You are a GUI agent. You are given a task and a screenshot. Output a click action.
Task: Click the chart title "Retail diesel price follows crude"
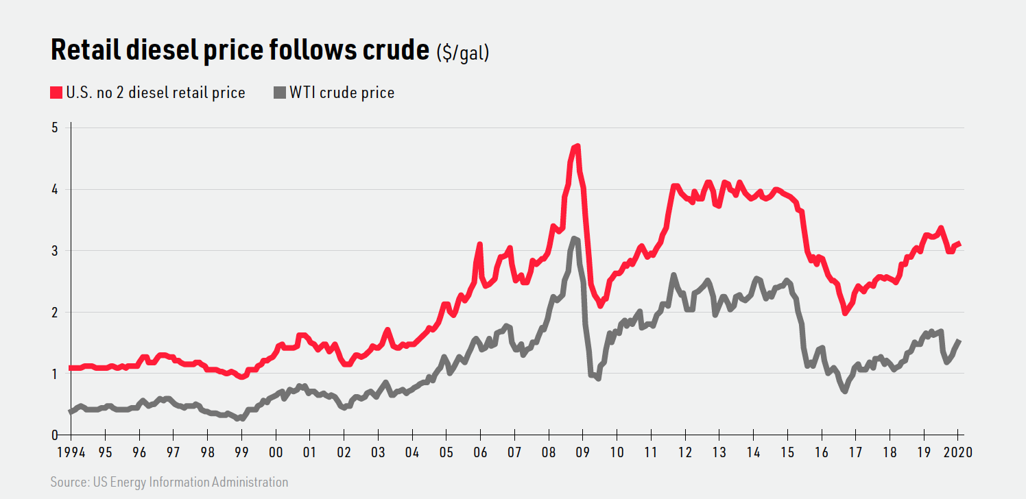[240, 51]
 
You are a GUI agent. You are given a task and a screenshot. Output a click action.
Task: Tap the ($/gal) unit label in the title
[462, 53]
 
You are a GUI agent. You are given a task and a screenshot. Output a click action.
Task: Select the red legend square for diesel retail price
[56, 93]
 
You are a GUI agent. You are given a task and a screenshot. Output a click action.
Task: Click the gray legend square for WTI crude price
[279, 93]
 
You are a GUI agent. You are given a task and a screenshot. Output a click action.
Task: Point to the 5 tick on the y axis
[55, 127]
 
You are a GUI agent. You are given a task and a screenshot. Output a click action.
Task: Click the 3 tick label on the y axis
[55, 251]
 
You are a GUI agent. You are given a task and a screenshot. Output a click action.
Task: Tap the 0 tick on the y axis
[55, 435]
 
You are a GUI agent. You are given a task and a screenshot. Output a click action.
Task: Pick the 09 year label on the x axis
[582, 453]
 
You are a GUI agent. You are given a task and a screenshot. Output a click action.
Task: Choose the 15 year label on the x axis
[787, 453]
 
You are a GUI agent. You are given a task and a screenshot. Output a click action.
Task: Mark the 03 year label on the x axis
[378, 453]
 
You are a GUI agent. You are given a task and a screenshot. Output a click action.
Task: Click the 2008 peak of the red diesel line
[577, 146]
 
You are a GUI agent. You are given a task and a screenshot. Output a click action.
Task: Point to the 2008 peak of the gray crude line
[575, 239]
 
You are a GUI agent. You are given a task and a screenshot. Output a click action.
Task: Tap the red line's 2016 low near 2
[845, 312]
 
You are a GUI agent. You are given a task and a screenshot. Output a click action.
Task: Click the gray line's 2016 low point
[844, 391]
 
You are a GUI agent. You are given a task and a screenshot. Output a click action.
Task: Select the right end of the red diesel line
[959, 243]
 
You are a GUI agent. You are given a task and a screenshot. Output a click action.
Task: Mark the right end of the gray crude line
[959, 341]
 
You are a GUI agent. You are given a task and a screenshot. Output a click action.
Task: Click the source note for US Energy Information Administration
[169, 482]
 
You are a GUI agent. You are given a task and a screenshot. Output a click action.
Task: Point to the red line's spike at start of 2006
[480, 245]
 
